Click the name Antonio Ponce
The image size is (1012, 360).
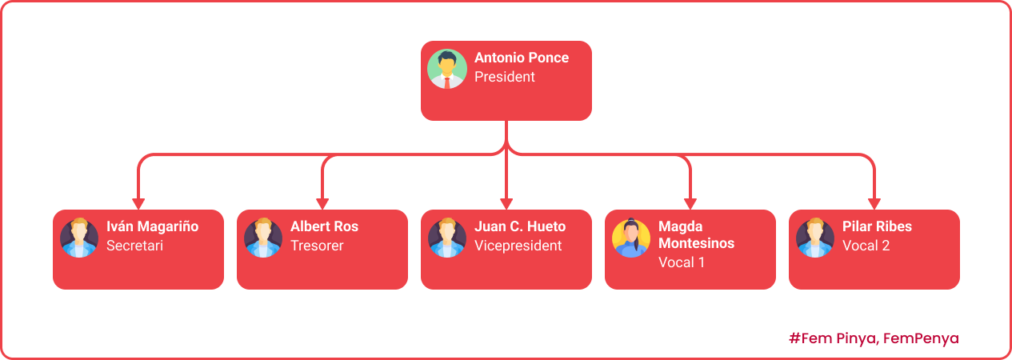pos(522,58)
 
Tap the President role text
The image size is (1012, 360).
pos(505,78)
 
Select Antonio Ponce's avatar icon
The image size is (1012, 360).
pos(446,69)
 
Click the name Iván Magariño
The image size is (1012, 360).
pos(152,226)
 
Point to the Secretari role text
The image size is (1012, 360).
pos(134,246)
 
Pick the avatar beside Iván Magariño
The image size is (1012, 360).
pos(78,238)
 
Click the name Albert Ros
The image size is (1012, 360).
pos(324,226)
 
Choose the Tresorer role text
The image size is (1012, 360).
pos(317,246)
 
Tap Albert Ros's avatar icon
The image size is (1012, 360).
pos(262,238)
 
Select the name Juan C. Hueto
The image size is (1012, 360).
pos(520,226)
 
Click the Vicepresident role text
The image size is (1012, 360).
pos(518,246)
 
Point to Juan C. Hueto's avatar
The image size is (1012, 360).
pos(446,238)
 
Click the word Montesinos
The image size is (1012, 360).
pos(696,242)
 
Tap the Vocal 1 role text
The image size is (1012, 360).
pos(682,262)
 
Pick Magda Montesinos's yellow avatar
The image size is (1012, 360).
pos(630,238)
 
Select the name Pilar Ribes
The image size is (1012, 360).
pos(877,226)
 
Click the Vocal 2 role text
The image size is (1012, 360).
pos(866,246)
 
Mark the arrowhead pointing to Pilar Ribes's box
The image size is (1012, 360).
pos(874,203)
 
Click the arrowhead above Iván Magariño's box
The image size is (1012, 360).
pos(138,203)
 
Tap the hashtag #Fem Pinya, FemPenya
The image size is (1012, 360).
pos(874,338)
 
